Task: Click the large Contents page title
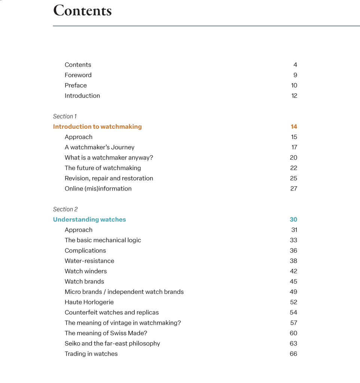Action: [x=82, y=10]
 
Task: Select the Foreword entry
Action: [x=78, y=75]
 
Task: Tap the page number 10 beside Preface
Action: [x=294, y=85]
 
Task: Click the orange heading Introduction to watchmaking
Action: [x=97, y=127]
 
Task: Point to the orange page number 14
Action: [x=294, y=127]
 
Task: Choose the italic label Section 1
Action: [x=65, y=116]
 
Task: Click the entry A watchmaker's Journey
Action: [x=100, y=147]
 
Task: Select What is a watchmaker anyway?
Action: [x=109, y=158]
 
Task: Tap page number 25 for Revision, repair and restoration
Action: [x=293, y=178]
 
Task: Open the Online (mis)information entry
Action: [x=98, y=189]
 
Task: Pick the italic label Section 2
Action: [x=65, y=209]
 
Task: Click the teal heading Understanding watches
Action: [x=89, y=219]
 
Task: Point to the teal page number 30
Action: [x=293, y=219]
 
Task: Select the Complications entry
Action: [x=85, y=250]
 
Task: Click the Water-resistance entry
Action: [x=89, y=261]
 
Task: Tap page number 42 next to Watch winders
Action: [x=293, y=271]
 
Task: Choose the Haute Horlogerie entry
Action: [x=89, y=302]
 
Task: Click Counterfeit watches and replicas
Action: [x=112, y=313]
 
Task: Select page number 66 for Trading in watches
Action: [x=293, y=354]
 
